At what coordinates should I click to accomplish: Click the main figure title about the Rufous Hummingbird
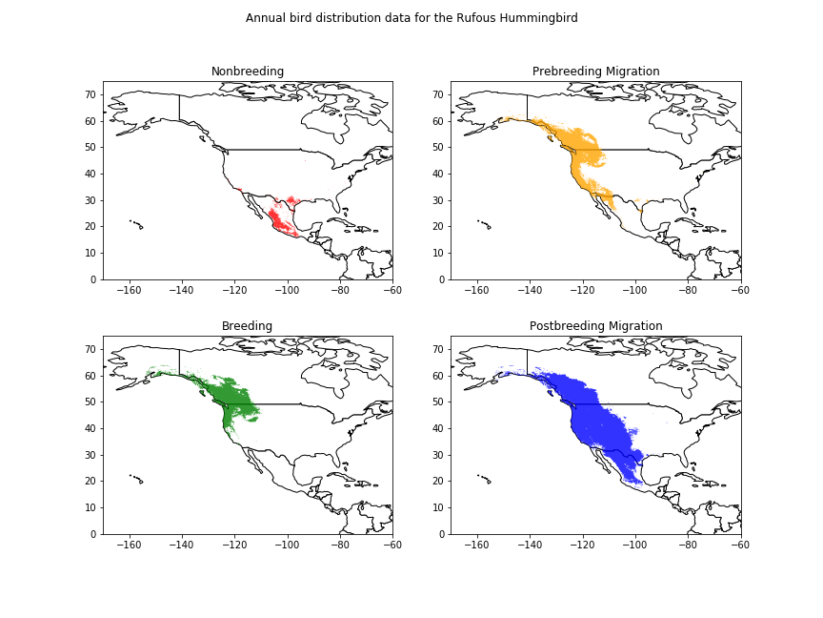coord(411,18)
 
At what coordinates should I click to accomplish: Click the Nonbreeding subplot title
coord(248,72)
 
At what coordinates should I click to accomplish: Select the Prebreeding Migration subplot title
coord(595,72)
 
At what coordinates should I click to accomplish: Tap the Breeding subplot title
coord(248,326)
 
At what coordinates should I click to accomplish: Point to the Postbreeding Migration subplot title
coord(595,326)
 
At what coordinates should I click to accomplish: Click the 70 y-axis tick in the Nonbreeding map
coord(91,94)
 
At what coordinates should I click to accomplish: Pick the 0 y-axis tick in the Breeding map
coord(94,534)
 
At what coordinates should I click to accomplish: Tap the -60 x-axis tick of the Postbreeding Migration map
coord(740,546)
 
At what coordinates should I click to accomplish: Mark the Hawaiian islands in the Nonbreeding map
coord(136,224)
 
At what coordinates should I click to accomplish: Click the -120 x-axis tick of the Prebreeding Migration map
coord(582,291)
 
